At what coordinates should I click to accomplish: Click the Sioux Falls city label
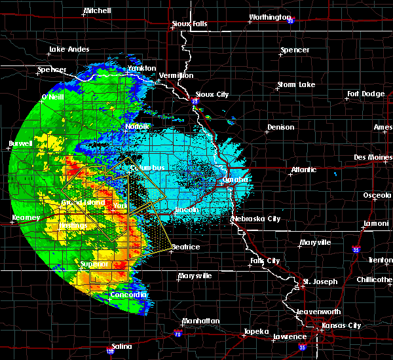[189, 24]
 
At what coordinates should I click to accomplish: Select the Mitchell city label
[97, 11]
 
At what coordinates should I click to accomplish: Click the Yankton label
[141, 68]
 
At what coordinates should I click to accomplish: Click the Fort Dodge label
[366, 94]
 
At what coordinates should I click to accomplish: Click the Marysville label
[195, 276]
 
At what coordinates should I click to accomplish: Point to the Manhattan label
[200, 321]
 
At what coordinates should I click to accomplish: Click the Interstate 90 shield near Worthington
[290, 20]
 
